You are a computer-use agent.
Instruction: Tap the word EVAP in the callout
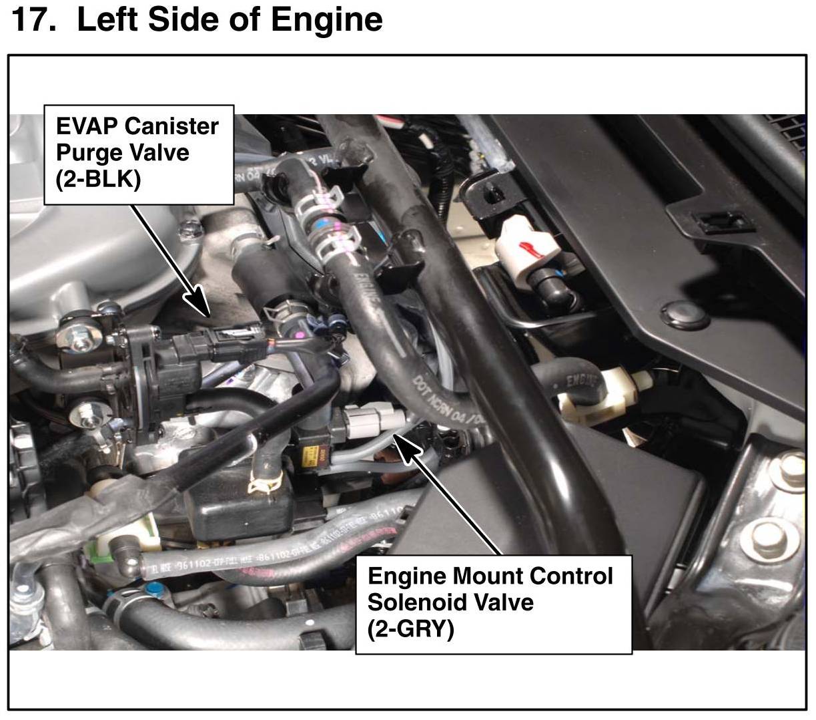85,126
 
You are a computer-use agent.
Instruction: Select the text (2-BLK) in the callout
97,179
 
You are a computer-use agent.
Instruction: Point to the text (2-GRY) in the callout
410,628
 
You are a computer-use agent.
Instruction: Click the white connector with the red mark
527,250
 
